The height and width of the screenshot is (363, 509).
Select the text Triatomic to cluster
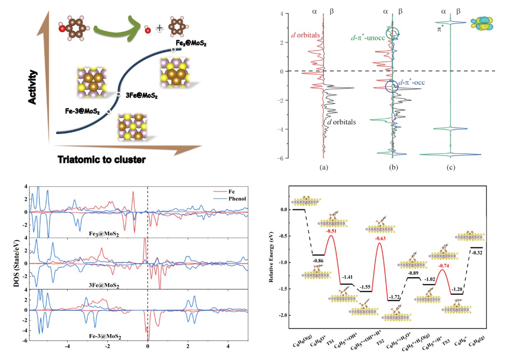click(x=105, y=159)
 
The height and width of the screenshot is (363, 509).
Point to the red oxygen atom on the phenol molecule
click(x=62, y=29)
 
